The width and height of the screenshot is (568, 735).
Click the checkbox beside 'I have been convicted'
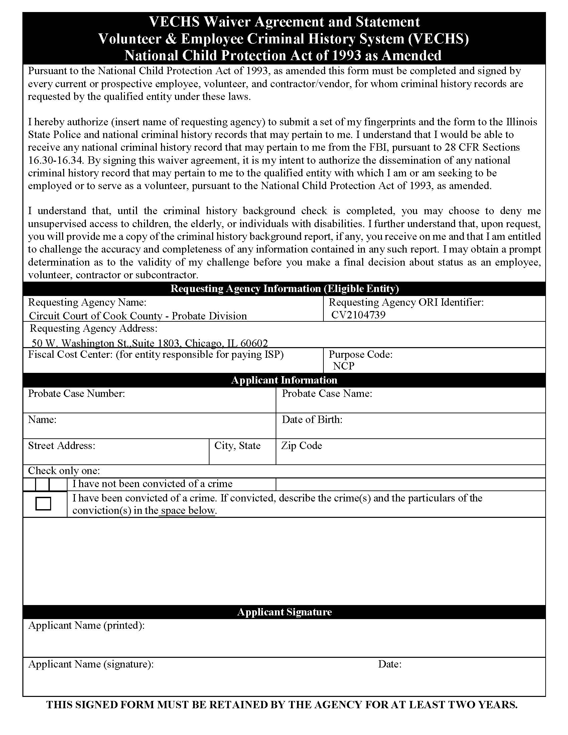43,504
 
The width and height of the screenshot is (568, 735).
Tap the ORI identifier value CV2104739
359,315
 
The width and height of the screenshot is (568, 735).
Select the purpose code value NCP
343,366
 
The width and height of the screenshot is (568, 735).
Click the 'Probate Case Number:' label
77,394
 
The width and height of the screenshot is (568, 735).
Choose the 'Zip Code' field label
301,446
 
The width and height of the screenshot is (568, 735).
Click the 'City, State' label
237,446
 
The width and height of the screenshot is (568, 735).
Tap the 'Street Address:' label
61,446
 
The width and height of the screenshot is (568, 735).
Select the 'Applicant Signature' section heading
284,612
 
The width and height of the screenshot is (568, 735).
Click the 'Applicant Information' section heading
284,380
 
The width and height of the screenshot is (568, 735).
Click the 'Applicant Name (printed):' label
87,625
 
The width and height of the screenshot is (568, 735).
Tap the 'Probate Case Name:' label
327,394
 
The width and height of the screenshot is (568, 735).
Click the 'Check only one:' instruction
64,470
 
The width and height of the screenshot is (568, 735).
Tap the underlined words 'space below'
187,510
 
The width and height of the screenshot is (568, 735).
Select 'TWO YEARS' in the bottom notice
483,705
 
